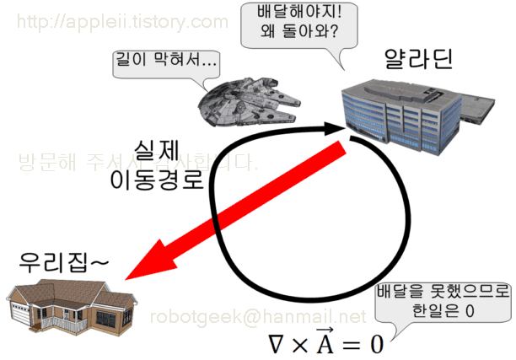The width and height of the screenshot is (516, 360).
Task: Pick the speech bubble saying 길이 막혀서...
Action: (x=164, y=62)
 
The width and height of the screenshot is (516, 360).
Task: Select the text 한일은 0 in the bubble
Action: (x=443, y=311)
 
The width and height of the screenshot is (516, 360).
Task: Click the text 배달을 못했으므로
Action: (x=443, y=292)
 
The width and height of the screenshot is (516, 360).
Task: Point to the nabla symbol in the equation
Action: (x=275, y=344)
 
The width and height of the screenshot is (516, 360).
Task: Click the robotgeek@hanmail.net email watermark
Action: (x=258, y=317)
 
